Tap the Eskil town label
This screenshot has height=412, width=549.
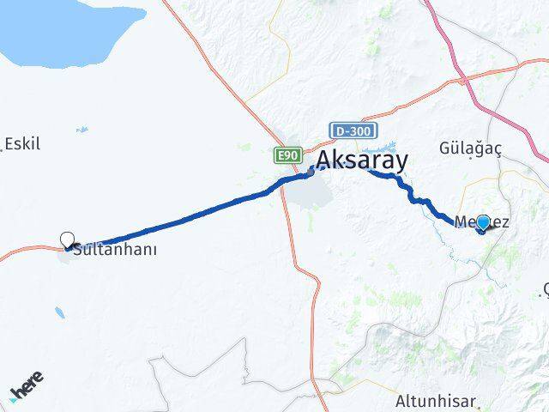coord(22,144)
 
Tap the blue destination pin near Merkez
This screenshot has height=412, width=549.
coord(483,223)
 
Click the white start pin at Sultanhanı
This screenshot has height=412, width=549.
coord(67,240)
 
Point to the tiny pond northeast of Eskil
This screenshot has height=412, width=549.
coord(81,130)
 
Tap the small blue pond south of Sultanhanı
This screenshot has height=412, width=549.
coord(58,312)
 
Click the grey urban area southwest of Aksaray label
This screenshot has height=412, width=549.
coord(301,192)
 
